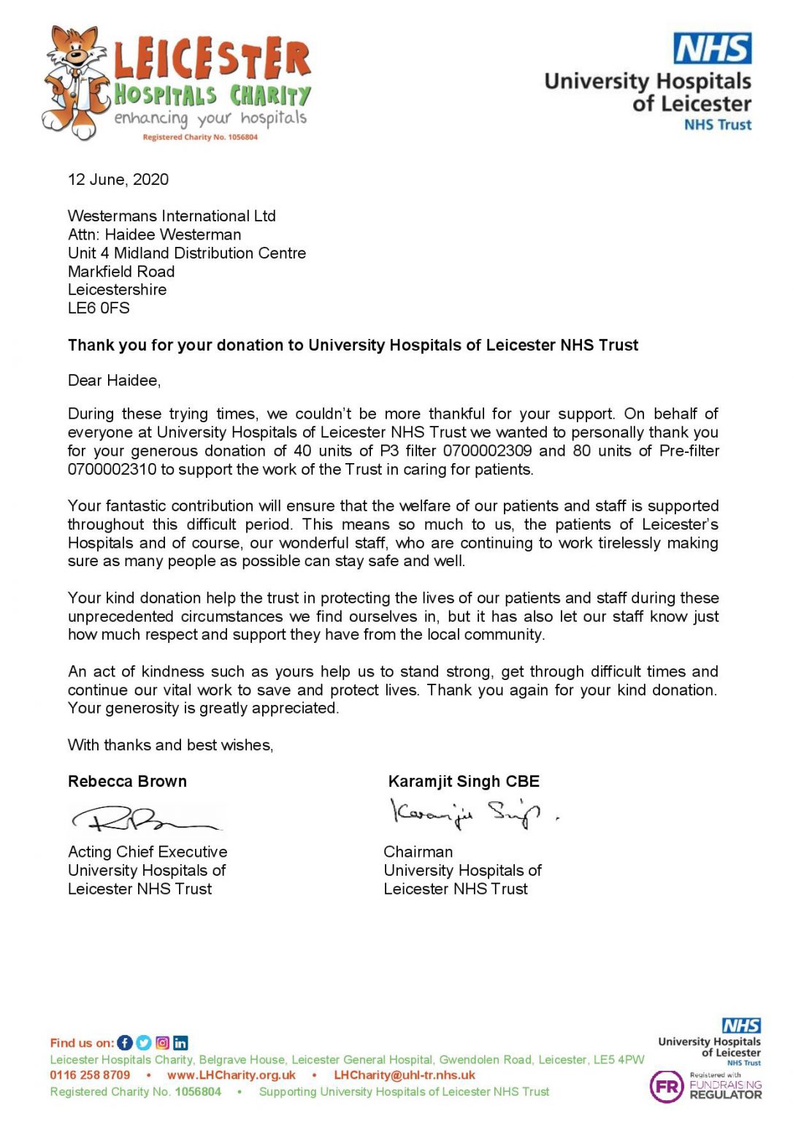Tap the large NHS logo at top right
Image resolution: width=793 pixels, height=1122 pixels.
point(712,49)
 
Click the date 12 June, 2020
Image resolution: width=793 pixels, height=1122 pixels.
point(118,180)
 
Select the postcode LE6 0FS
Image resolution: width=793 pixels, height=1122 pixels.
point(99,308)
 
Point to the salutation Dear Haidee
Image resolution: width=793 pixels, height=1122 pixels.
point(114,381)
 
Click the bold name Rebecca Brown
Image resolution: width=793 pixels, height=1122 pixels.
point(127,782)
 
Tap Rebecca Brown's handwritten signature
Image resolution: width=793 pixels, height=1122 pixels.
point(146,820)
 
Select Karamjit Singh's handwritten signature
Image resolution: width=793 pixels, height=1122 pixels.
point(467,812)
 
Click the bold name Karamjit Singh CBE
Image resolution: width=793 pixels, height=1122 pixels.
point(464,782)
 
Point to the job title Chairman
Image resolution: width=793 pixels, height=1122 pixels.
point(418,852)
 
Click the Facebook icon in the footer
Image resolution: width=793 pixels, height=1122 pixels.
point(126,1043)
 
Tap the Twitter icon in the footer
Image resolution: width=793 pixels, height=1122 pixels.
point(144,1043)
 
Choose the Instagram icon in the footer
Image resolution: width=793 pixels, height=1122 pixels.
point(162,1043)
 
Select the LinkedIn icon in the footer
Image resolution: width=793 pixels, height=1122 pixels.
point(180,1043)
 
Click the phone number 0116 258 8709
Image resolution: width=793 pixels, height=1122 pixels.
point(90,1075)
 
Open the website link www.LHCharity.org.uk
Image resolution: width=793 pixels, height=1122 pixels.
point(231,1075)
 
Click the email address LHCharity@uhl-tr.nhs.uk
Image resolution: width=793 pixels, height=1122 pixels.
point(405,1075)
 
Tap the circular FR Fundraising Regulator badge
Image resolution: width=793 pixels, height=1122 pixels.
point(666,1087)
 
